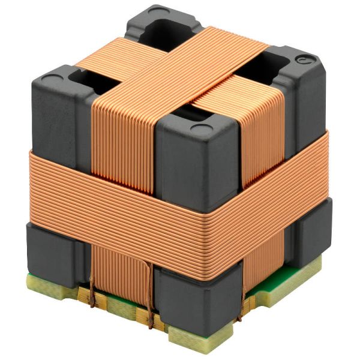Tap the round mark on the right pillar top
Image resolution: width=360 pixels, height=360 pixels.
pyautogui.click(x=305, y=60)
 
